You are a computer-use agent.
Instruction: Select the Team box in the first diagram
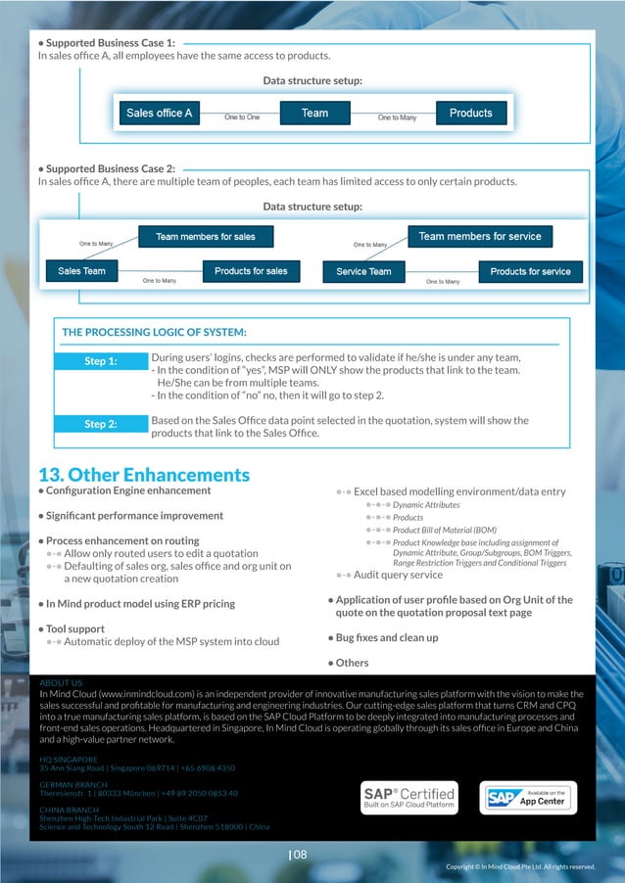(x=314, y=114)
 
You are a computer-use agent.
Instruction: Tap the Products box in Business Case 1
(x=470, y=114)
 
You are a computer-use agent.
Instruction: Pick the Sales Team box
(x=81, y=271)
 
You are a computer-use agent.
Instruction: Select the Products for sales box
(x=251, y=271)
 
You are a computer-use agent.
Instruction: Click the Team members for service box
(x=479, y=237)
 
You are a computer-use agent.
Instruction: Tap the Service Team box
(x=363, y=271)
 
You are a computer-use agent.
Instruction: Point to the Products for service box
(x=530, y=271)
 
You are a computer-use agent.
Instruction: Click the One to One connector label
(x=242, y=117)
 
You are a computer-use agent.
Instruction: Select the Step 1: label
(x=101, y=361)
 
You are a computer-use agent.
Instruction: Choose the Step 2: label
(x=101, y=424)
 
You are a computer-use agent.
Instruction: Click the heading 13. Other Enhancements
(x=143, y=475)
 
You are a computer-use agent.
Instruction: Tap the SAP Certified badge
(x=409, y=797)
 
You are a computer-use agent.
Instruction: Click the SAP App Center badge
(x=528, y=797)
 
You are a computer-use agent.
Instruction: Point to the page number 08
(x=299, y=855)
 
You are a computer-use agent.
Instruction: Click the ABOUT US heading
(x=61, y=682)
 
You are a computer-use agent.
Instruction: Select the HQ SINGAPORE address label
(x=69, y=759)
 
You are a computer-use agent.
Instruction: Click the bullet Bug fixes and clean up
(x=388, y=638)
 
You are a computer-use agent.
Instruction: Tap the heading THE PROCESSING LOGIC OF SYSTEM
(x=154, y=332)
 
